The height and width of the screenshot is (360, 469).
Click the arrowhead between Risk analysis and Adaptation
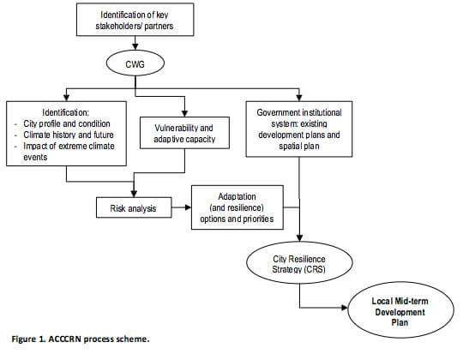188,207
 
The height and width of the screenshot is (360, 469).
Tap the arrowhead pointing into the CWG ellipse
135,46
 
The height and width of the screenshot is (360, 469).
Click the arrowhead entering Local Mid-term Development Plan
345,308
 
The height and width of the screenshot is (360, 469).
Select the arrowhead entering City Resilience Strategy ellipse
299,237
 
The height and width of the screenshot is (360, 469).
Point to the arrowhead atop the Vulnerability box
184,113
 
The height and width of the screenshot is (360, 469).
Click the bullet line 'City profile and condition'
67,123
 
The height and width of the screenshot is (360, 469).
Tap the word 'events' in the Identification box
35,157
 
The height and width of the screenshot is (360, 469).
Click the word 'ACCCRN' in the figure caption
64,339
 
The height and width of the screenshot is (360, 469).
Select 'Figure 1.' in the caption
28,339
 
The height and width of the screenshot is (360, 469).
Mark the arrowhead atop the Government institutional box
299,98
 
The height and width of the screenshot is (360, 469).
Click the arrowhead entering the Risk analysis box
134,194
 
